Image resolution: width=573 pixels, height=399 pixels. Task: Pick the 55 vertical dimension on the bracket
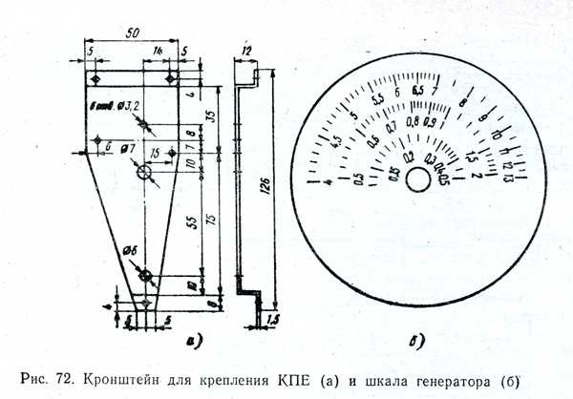[190, 220]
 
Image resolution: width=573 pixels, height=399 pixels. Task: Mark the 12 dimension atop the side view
[245, 50]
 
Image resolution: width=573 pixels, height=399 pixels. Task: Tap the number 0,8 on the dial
[414, 121]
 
